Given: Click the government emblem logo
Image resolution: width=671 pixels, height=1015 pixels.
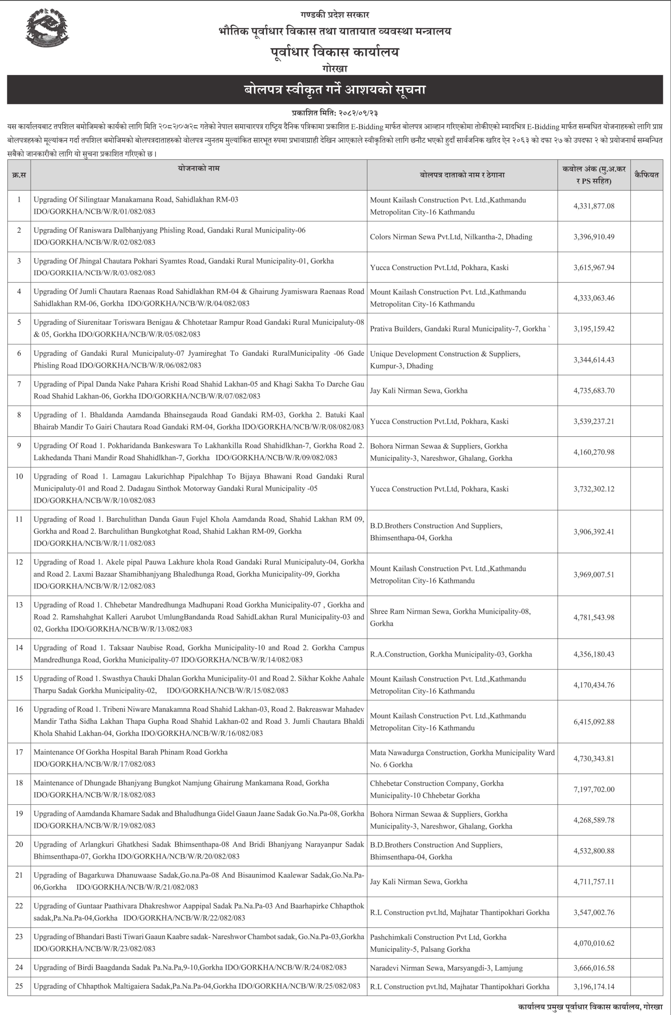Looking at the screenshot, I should (47, 28).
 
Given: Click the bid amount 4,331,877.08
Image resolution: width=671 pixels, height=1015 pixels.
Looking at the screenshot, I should (594, 206).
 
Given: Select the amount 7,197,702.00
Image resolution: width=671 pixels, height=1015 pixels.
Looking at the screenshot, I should (594, 789).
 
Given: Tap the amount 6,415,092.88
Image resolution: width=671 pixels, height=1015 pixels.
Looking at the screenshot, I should (594, 722).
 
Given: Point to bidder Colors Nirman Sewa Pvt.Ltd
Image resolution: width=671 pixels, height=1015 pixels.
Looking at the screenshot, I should (451, 237).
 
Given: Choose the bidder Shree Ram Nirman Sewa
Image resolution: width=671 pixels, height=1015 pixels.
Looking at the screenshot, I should (450, 617).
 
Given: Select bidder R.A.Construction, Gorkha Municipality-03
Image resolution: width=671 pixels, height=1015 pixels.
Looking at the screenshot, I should (451, 654).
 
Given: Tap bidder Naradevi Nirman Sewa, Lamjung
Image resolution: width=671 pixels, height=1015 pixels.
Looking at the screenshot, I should (446, 968).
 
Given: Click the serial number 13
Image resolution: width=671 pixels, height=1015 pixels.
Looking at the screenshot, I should (19, 605).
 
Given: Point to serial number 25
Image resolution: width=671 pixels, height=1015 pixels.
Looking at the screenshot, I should (19, 986).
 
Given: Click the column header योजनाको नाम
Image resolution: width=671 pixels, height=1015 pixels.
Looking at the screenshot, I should (198, 168).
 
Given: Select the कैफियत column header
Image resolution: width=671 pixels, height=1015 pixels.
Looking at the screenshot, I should (646, 175).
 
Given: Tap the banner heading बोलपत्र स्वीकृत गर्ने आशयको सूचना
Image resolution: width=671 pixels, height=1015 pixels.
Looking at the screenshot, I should (335, 90).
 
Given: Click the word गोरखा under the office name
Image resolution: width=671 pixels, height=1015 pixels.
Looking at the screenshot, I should (335, 68).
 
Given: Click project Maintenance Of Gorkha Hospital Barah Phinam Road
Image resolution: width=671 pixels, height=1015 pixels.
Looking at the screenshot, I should (130, 752).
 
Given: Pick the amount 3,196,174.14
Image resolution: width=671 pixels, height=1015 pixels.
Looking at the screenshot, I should (594, 986).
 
